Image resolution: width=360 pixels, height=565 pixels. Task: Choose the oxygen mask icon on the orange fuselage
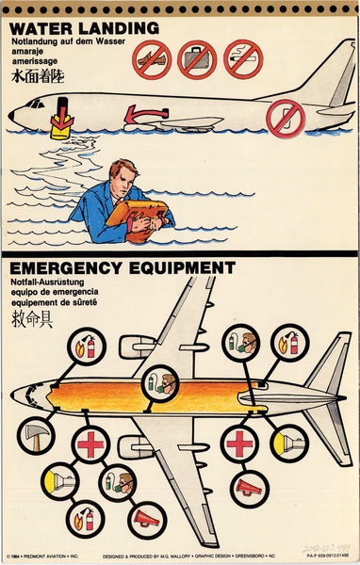click(x=163, y=382)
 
